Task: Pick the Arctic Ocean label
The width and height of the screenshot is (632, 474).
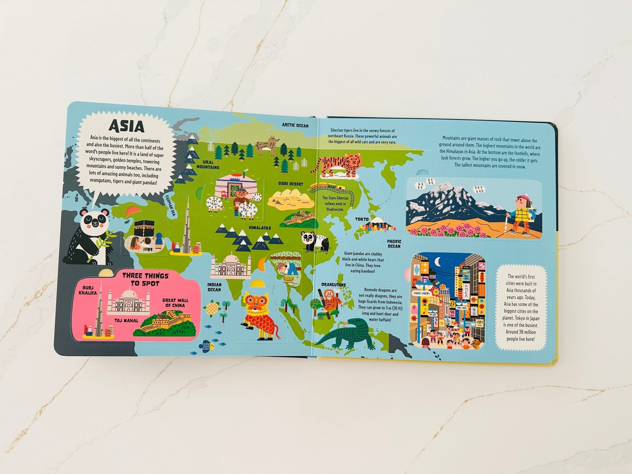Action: point(295,125)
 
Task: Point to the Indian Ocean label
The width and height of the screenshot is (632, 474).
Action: point(214,287)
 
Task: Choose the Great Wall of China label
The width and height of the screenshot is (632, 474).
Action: point(175,302)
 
